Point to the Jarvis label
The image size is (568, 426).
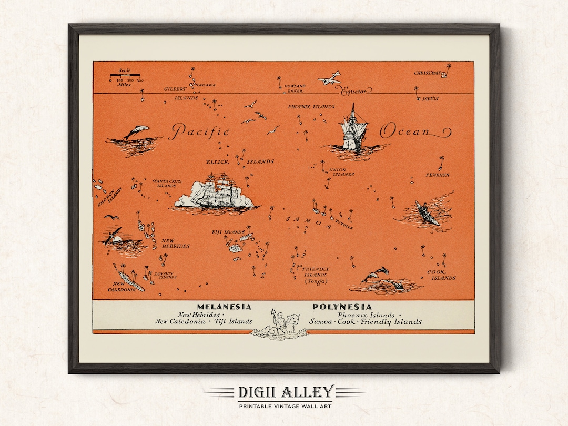430,98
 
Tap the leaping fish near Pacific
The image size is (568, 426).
136,131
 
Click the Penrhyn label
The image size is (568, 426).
438,175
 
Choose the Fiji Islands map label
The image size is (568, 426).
228,232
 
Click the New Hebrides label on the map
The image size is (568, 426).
176,243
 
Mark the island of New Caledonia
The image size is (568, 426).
129,278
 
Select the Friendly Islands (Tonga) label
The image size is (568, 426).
316,275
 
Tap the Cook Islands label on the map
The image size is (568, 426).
441,275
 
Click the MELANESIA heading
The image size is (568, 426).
224,307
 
